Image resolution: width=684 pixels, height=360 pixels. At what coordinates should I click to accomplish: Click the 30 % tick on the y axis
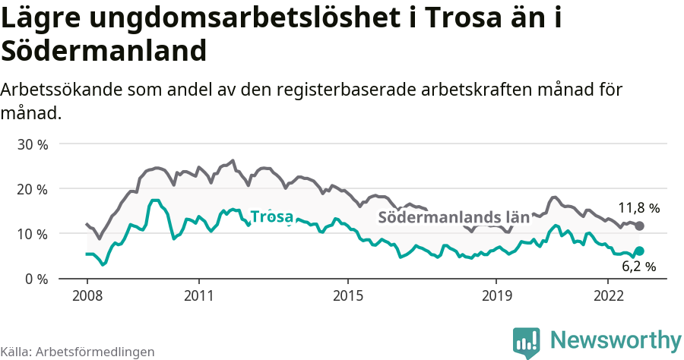[x=33, y=144]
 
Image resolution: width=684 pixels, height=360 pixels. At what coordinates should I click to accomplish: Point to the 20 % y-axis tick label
[x=33, y=189]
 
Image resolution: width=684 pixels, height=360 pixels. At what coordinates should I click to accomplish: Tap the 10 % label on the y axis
[x=33, y=234]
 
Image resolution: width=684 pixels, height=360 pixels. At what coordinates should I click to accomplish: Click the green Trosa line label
[x=271, y=216]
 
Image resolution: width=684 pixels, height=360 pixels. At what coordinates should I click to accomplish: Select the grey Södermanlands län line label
[x=453, y=217]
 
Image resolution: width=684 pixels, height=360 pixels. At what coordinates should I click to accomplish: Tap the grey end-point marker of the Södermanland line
[x=639, y=226]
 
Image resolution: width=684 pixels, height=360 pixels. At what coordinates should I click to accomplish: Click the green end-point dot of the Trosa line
[x=639, y=251]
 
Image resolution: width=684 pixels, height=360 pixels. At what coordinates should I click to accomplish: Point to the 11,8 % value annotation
[x=638, y=207]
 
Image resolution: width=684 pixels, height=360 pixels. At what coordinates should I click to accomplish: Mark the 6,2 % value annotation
[x=638, y=267]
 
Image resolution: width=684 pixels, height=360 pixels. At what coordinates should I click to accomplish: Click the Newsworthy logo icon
[x=526, y=341]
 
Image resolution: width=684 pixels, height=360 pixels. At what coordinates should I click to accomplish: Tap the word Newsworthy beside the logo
[x=616, y=339]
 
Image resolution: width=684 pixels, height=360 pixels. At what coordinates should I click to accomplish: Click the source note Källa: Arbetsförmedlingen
[x=78, y=352]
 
